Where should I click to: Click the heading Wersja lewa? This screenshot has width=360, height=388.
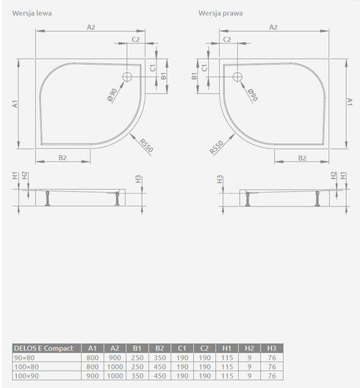pos(32,13)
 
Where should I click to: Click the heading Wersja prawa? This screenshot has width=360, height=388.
pos(220,13)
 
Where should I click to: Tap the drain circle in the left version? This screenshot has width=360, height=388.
pos(126,76)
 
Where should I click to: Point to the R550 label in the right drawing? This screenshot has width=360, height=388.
pos(215,145)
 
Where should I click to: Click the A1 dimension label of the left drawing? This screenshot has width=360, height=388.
pos(15,104)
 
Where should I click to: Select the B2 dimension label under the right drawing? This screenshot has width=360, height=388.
pos(301,158)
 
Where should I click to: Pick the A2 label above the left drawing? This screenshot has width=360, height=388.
pos(91,27)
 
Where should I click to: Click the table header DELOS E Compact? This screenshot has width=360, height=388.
pos(43,348)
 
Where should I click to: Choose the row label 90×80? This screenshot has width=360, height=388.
pos(24,356)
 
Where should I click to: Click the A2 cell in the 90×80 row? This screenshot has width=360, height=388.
pos(113,356)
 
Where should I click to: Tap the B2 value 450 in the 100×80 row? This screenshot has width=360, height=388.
pos(158,365)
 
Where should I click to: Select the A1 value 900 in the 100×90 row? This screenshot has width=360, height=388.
pos(91,375)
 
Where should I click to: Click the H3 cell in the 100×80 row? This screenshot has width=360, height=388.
pos(271,365)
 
